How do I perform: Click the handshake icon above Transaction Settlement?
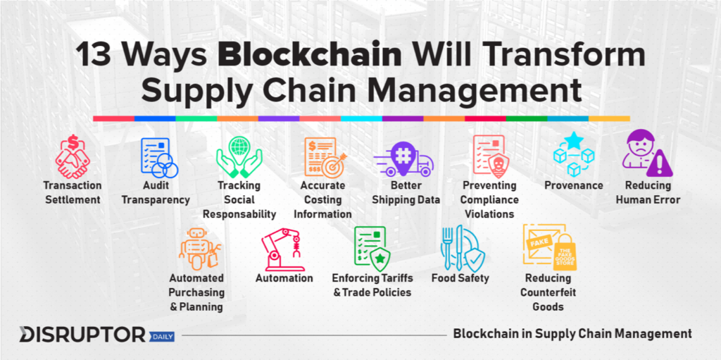tap(73, 156)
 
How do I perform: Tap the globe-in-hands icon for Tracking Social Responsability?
tap(239, 157)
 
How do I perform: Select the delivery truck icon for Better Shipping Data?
tap(403, 159)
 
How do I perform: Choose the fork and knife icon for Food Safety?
tap(451, 248)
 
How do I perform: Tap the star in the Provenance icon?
tap(574, 141)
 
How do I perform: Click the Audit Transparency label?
tap(156, 192)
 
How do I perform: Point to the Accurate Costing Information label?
tap(322, 200)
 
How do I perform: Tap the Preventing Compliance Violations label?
tap(489, 200)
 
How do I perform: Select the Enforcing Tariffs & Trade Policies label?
tap(372, 285)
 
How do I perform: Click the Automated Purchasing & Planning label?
tap(196, 292)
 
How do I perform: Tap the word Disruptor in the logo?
tap(82, 335)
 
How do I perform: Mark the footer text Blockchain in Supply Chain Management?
tap(572, 334)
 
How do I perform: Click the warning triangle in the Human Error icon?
tap(659, 164)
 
